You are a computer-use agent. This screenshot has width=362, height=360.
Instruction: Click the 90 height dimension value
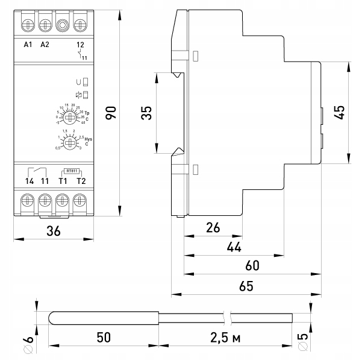111,112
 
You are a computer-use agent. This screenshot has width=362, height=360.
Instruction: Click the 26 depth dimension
213,228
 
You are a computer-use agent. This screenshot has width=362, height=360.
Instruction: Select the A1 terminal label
27,45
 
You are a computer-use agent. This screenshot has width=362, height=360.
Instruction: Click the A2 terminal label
45,45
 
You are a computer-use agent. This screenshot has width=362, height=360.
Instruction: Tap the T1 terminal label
62,181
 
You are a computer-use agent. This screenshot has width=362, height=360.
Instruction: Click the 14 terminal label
28,181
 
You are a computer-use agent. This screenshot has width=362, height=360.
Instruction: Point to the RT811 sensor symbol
71,171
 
